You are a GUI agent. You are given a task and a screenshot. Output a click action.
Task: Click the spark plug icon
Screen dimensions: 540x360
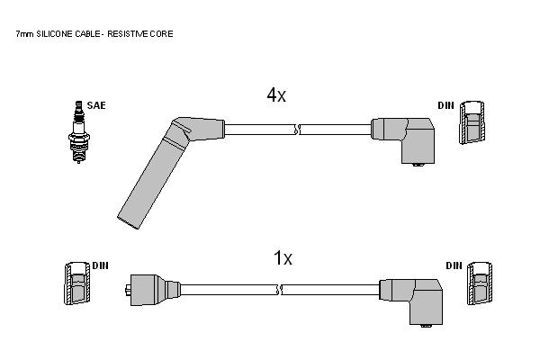click(x=79, y=132)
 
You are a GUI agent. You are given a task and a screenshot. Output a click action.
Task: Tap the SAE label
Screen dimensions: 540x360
click(x=96, y=105)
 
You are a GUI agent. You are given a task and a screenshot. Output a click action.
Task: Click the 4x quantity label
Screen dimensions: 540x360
click(x=276, y=94)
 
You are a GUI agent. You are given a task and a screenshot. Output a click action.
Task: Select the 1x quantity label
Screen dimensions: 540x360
click(x=283, y=258)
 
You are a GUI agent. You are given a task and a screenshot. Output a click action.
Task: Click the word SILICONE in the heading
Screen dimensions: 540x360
click(x=54, y=34)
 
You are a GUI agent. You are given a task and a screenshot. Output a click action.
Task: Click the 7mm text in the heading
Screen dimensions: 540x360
click(x=25, y=34)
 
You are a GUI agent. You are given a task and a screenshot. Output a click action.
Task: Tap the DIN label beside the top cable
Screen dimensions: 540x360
click(x=446, y=105)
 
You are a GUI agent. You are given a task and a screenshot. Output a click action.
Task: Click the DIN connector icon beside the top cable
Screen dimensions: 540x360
click(x=472, y=122)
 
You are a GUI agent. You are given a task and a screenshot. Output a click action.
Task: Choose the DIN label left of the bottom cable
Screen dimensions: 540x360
click(x=100, y=265)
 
